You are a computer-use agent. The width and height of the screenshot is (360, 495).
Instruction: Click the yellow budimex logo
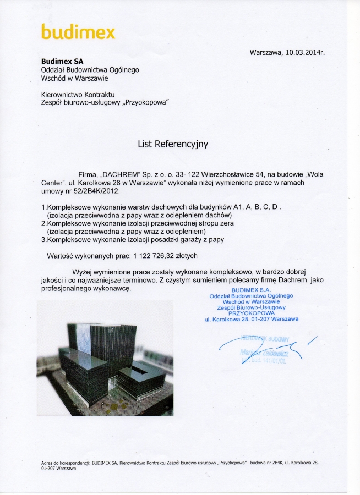[x=78, y=32]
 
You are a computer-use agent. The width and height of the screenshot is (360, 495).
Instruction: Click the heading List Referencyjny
[x=173, y=144]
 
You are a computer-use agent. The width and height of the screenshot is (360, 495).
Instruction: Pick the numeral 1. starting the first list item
[x=45, y=206]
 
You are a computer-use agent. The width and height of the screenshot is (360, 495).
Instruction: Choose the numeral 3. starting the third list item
[x=45, y=239]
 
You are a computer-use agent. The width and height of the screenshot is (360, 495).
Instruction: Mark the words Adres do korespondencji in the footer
[x=66, y=463]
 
